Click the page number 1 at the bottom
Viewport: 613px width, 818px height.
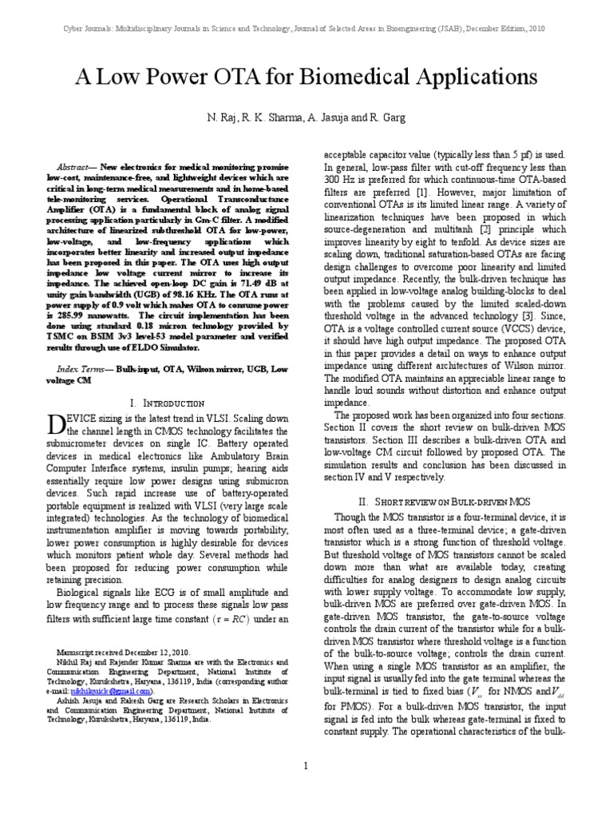(306, 766)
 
